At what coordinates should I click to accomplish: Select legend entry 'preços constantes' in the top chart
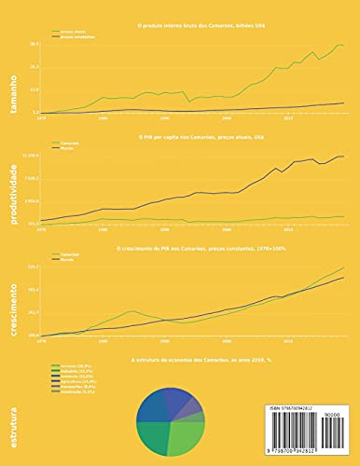click(78, 36)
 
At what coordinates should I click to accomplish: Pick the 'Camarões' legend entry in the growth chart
click(69, 254)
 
